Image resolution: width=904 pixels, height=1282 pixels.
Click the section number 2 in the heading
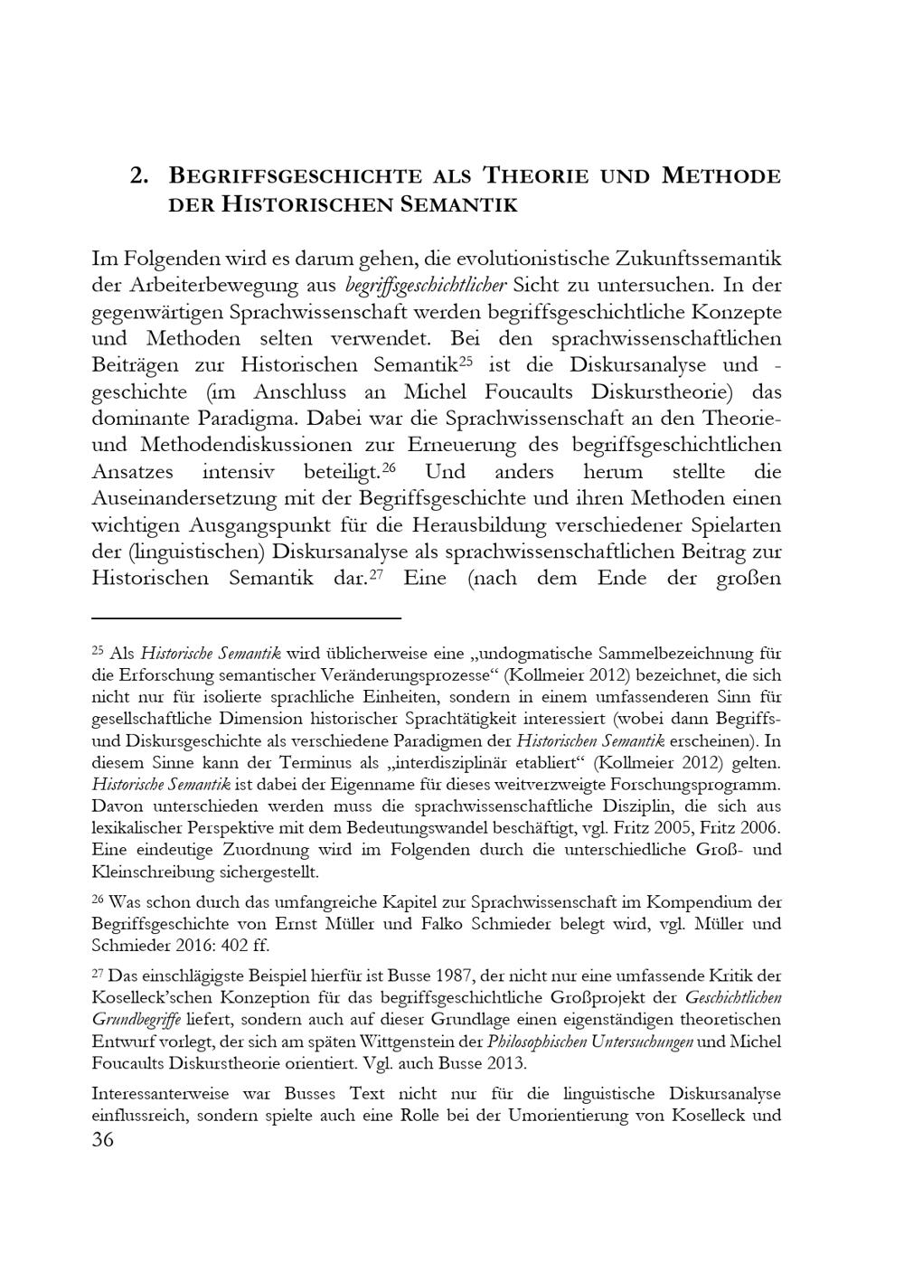138,175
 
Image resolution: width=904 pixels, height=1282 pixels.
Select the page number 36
103,1140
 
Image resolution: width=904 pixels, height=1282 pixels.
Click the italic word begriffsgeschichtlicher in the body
427,286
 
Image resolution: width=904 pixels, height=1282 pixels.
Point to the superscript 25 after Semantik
466,361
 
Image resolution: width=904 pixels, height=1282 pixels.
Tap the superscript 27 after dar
377,574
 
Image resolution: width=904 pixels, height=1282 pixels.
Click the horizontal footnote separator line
246,618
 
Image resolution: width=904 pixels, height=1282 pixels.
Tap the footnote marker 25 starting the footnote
99,651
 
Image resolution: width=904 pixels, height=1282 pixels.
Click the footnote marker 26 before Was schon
99,900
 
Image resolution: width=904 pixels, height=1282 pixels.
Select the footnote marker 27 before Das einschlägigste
99,974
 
